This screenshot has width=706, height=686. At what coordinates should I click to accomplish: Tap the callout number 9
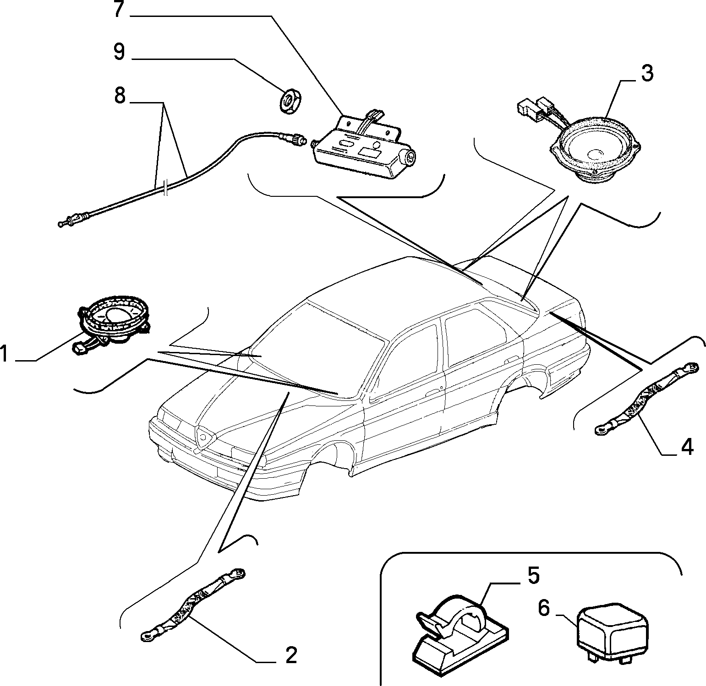click(119, 51)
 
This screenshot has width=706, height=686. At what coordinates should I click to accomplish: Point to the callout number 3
click(646, 73)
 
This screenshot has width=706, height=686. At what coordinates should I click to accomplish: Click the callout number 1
click(5, 354)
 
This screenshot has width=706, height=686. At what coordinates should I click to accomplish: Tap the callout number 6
click(543, 609)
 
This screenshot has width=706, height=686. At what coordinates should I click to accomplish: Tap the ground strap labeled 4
click(646, 398)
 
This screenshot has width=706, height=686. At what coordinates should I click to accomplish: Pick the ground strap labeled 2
click(192, 605)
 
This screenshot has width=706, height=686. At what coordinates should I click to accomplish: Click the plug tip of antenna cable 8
click(63, 224)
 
